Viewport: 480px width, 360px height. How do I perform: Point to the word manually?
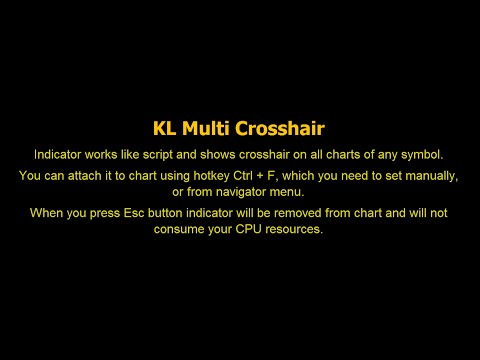[x=430, y=176]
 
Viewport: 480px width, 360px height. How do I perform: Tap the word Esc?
[x=139, y=213]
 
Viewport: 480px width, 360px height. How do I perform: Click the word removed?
[x=304, y=213]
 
